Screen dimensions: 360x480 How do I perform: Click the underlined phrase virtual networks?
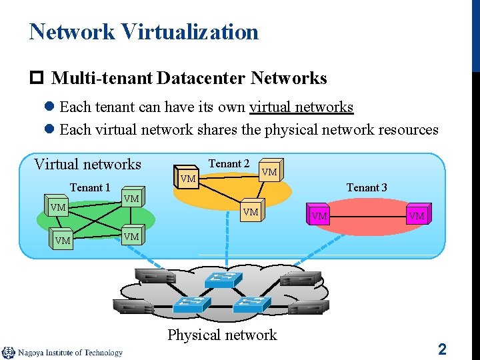click(x=301, y=107)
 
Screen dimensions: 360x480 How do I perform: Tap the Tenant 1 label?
click(x=90, y=187)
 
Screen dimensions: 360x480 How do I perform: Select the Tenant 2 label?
click(x=229, y=164)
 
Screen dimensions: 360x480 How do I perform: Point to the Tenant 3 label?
click(x=367, y=187)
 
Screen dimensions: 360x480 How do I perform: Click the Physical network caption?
click(x=222, y=335)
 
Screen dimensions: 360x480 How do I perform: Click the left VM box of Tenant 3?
click(x=319, y=215)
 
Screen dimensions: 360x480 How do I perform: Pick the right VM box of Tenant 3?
click(x=417, y=215)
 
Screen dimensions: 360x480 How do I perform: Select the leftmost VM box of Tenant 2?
click(x=188, y=178)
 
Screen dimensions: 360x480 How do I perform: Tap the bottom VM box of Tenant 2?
click(x=251, y=211)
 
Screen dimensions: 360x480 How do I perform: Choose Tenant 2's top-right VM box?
click(x=270, y=171)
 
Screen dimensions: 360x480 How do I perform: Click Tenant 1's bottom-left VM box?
click(x=63, y=240)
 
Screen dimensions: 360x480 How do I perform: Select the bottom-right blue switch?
click(x=250, y=305)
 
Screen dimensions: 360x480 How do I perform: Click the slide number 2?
click(x=442, y=349)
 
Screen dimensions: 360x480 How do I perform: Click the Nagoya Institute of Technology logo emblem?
click(x=9, y=353)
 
